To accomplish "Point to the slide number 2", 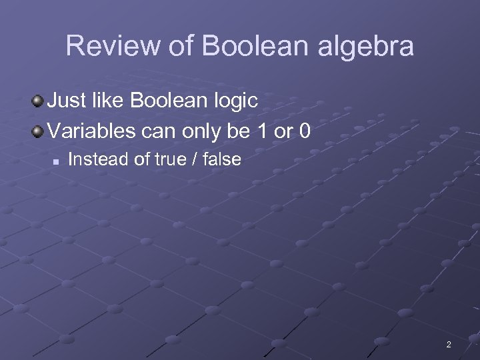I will click(x=448, y=345).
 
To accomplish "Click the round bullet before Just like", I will click(x=38, y=101).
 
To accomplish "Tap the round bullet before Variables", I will click(x=38, y=130).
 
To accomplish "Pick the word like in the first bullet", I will click(x=105, y=101).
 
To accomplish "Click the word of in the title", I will click(x=175, y=46).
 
